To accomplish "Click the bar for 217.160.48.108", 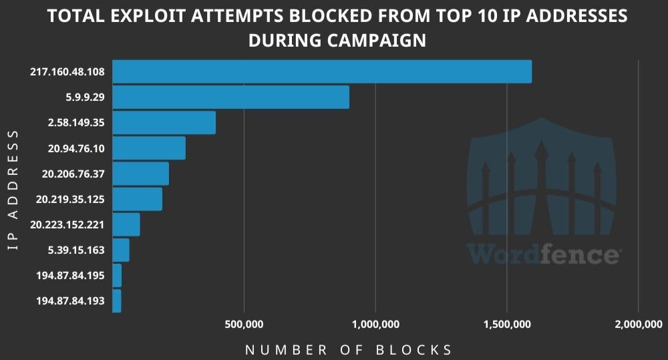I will coord(321,71).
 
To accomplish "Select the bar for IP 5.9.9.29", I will coord(230,97).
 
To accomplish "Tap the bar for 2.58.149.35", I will coord(164,123).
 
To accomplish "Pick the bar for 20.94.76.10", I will coord(148,148).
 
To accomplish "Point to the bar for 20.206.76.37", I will coord(140,174).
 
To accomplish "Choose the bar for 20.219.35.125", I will coord(137,199).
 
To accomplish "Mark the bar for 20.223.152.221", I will coord(126,224).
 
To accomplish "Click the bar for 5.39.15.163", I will coord(120,250).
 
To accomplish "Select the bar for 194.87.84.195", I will coord(117,275).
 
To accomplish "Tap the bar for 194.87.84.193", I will coord(116,301).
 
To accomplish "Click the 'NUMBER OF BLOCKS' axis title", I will coord(349,350).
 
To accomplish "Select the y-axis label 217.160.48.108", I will coord(67,71).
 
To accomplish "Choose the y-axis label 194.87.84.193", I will coord(70,301).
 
